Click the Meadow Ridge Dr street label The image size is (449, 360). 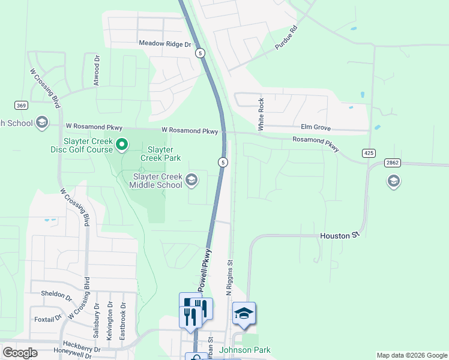(164, 44)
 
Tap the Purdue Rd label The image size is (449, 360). (286, 38)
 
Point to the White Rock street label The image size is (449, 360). (261, 115)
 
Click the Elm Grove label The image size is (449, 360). (316, 127)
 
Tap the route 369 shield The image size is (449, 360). (21, 106)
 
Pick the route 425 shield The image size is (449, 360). (369, 154)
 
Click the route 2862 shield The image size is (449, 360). (393, 163)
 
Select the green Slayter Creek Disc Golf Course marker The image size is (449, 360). (122, 144)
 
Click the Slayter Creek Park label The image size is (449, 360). (157, 154)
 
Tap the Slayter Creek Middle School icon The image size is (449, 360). (191, 180)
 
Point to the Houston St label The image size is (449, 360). (339, 236)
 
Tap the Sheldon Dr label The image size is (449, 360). (56, 294)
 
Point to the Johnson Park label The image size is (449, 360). (245, 350)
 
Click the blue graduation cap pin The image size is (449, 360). (244, 313)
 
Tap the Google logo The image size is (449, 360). (20, 353)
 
